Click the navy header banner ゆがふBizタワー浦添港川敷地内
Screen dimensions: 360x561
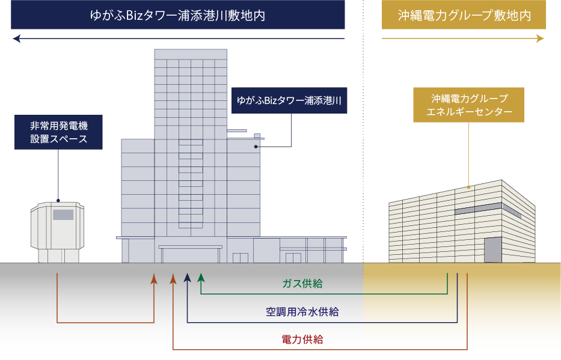[x=178, y=15]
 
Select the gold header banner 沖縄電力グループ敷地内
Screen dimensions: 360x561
[x=464, y=15]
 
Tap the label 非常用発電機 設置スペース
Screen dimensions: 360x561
[x=59, y=133]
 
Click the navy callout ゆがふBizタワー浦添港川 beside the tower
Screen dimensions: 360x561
[x=289, y=100]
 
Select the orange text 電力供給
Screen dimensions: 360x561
[x=302, y=340]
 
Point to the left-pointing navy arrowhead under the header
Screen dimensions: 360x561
[x=16, y=39]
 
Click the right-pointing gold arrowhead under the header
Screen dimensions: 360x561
[x=541, y=39]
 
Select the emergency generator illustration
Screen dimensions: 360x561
[x=58, y=232]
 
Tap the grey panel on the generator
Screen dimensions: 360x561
[x=63, y=215]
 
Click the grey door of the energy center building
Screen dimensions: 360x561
[x=492, y=249]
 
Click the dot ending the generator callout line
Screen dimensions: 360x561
[x=58, y=200]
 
